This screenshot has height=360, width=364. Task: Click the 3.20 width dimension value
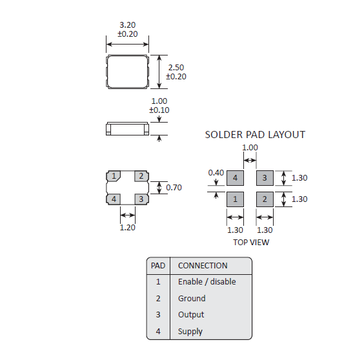click(x=127, y=25)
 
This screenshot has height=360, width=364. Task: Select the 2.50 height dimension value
click(x=176, y=68)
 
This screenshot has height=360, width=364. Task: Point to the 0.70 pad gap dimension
click(x=174, y=187)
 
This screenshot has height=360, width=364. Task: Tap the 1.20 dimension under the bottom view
click(x=127, y=228)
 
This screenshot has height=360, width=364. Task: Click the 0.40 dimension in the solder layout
click(x=216, y=173)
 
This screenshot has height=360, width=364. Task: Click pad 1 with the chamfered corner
click(x=114, y=176)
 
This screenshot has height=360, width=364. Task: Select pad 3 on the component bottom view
click(x=141, y=199)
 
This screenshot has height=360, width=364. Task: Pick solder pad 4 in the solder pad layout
click(x=235, y=178)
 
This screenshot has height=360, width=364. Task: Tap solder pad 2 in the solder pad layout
click(x=265, y=199)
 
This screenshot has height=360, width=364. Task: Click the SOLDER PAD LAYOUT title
click(x=255, y=135)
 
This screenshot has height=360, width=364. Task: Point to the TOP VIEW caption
click(x=251, y=243)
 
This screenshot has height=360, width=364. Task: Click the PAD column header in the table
click(x=158, y=266)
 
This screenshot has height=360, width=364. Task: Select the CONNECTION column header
click(x=203, y=266)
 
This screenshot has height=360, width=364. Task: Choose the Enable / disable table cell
click(x=207, y=282)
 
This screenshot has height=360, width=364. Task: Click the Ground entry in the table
click(x=192, y=298)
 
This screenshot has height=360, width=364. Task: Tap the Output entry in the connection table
click(x=191, y=315)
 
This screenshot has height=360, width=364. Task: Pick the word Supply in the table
click(x=190, y=332)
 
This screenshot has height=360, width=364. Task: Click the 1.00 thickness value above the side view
click(x=159, y=101)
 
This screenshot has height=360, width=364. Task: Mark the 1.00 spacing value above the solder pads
click(x=250, y=148)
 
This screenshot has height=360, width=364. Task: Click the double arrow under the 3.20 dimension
click(x=127, y=44)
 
